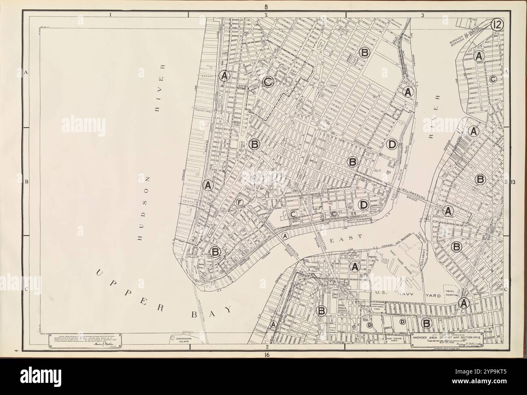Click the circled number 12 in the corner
point(497,25)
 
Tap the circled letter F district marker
point(239,202)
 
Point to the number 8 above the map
point(266,7)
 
